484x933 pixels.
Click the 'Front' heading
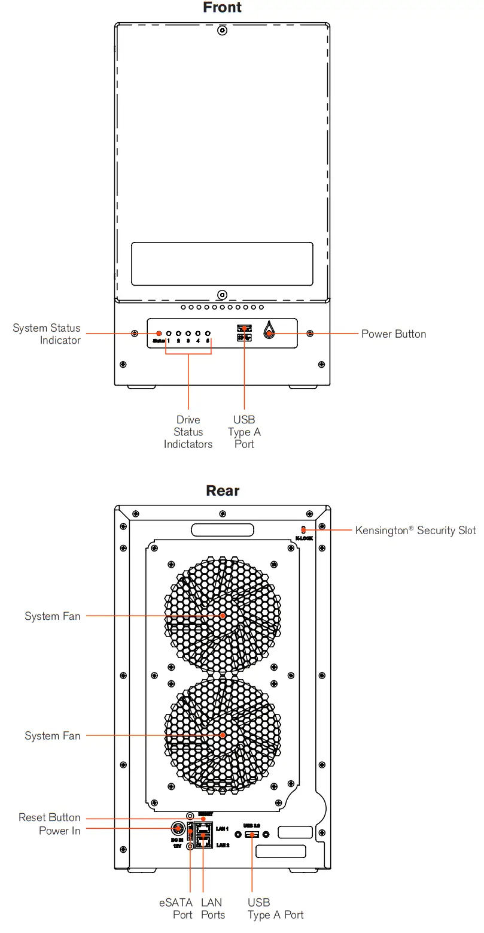click(222, 8)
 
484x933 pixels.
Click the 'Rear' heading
click(223, 490)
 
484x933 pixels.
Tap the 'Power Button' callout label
click(394, 334)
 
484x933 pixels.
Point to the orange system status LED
click(159, 333)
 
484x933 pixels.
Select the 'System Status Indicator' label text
click(47, 334)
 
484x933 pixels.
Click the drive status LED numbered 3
click(188, 333)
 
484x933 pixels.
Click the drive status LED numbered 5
click(208, 333)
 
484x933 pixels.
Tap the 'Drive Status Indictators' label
click(188, 432)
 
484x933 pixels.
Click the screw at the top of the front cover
click(222, 30)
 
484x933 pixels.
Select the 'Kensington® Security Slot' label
click(415, 530)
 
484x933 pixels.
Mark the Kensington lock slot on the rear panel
click(304, 529)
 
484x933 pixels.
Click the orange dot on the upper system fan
click(223, 616)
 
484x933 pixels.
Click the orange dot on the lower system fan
click(223, 735)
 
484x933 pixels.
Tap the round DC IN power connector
click(178, 829)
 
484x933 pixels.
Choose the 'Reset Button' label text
click(49, 817)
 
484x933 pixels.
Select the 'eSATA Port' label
click(176, 908)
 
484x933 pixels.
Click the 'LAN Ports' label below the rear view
click(212, 908)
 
